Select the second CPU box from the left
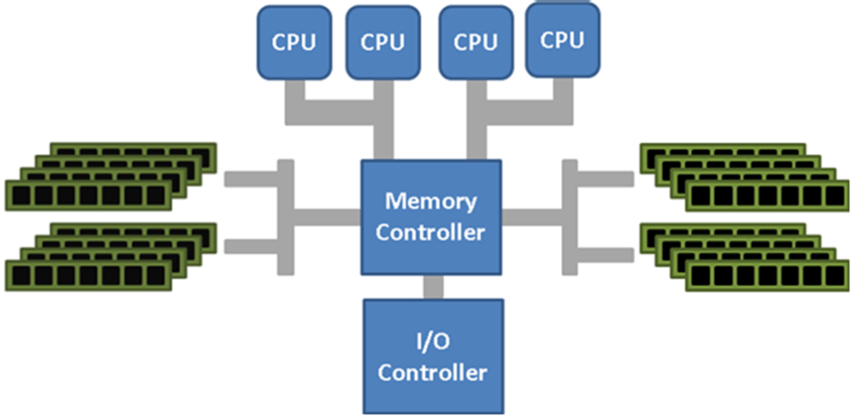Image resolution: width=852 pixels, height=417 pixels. pos(383,42)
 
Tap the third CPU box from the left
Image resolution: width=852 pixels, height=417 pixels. pos(476,42)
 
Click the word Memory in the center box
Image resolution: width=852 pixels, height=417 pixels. pos(430,201)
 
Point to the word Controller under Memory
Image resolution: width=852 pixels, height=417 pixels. pos(430,231)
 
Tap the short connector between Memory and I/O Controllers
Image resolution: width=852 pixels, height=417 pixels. pos(432,286)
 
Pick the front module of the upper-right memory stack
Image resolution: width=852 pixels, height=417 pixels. pos(766,196)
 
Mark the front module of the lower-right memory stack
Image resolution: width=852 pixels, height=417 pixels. pos(766,276)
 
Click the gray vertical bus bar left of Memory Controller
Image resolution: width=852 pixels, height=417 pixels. pos(285,216)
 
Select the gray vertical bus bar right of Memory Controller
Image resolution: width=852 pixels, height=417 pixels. pos(570,216)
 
